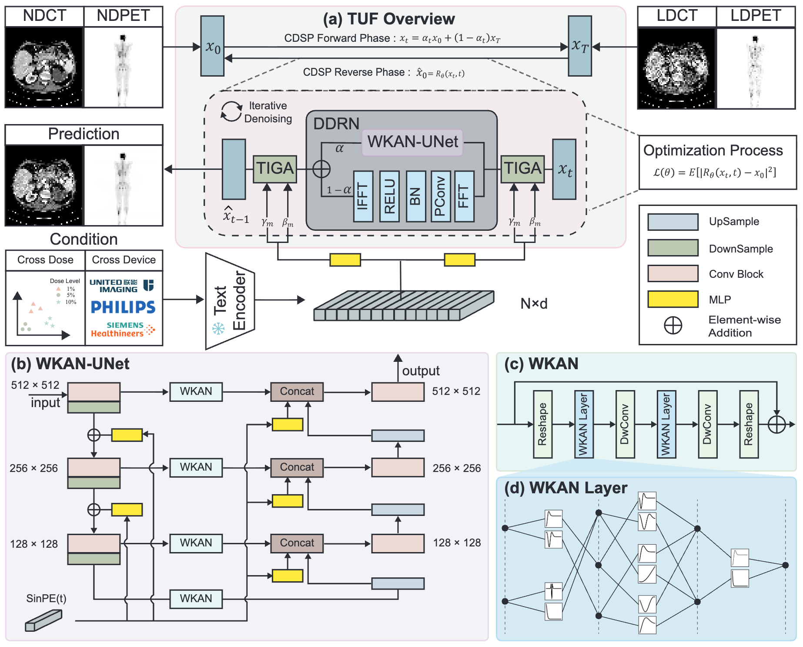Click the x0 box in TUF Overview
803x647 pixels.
pyautogui.click(x=212, y=46)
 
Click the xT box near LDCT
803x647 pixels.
pyautogui.click(x=580, y=46)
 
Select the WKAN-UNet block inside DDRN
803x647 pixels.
pyautogui.click(x=412, y=142)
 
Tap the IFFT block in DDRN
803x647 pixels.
pyautogui.click(x=363, y=196)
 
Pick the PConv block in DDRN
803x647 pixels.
pyautogui.click(x=440, y=196)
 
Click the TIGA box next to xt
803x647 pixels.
pyautogui.click(x=522, y=169)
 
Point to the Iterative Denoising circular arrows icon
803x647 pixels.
pyautogui.click(x=231, y=112)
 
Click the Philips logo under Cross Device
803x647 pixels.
pyautogui.click(x=123, y=307)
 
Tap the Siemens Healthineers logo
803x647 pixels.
pyautogui.click(x=123, y=330)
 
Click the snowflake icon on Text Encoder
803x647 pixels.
pyautogui.click(x=218, y=328)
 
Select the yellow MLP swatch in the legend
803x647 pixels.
pyautogui.click(x=673, y=300)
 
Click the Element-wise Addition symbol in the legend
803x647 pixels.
pyautogui.click(x=673, y=325)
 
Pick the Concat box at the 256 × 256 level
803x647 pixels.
pyautogui.click(x=297, y=468)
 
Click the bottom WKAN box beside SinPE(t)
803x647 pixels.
pyautogui.click(x=196, y=599)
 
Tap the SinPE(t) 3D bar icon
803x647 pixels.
pyautogui.click(x=43, y=620)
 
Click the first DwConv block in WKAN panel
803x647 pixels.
pyautogui.click(x=625, y=424)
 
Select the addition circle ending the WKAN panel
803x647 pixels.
pyautogui.click(x=776, y=424)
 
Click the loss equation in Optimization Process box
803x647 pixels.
pyautogui.click(x=714, y=172)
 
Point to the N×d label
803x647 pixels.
pyautogui.click(x=534, y=303)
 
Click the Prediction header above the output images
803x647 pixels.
pyautogui.click(x=84, y=134)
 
